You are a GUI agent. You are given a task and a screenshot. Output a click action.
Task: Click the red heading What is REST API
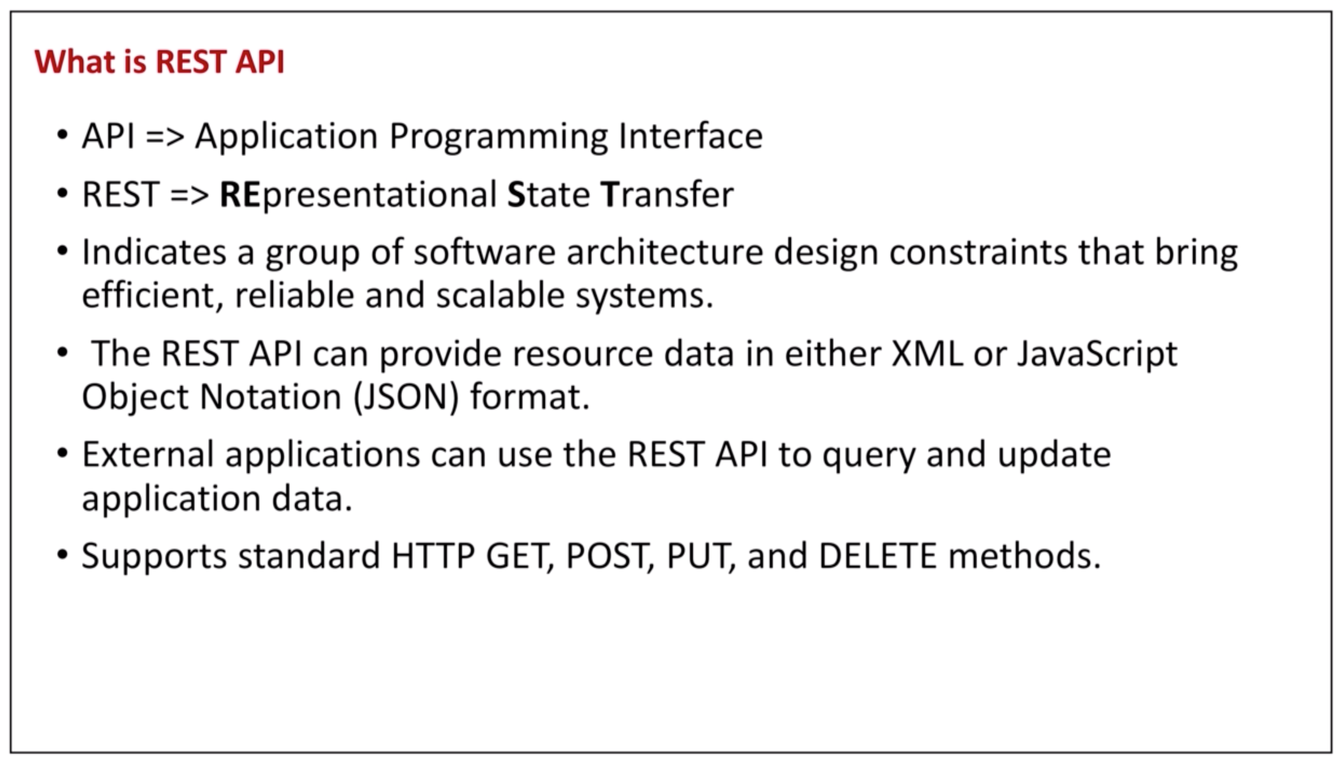(x=160, y=62)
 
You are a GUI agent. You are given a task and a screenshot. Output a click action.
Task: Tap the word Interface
(x=691, y=136)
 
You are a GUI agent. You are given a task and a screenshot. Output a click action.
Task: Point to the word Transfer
(x=667, y=194)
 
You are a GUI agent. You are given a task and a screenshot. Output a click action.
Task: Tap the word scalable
(x=500, y=295)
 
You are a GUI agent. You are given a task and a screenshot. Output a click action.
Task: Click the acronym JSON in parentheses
(x=405, y=397)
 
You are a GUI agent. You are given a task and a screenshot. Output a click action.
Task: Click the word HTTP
(x=433, y=556)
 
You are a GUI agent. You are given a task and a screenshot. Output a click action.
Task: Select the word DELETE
(x=877, y=556)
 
